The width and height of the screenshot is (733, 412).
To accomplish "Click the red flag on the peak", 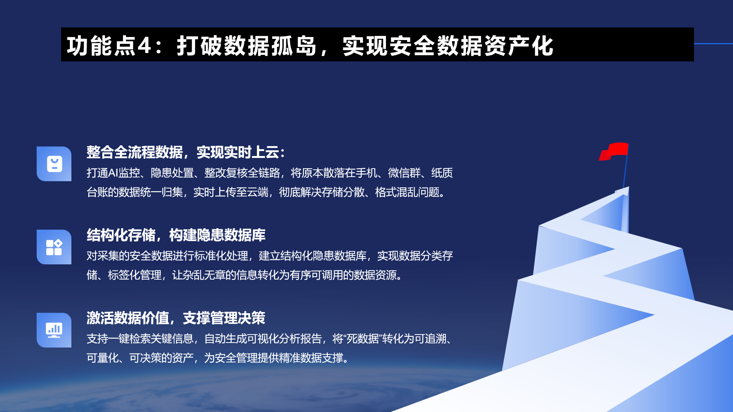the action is pos(614,151).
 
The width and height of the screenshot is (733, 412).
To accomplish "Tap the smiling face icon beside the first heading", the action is pos(54,164).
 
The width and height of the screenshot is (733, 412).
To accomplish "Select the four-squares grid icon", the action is pos(54,247).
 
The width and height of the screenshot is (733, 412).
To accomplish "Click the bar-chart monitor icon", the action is pos(54,330).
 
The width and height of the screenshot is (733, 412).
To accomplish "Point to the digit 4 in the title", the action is pos(144,46).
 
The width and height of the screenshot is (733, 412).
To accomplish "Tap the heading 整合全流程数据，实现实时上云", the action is pos(183,152).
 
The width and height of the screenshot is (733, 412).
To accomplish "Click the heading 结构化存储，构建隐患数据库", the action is pos(176,235).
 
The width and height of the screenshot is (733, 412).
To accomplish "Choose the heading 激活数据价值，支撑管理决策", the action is pos(176,318).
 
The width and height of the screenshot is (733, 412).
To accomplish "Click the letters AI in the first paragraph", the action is pos(113,173).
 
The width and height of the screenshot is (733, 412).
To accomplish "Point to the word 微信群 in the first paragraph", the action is pos(404,173).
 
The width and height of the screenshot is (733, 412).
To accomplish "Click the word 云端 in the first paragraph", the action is pos(258,192).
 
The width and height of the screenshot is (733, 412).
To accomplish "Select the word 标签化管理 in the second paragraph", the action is pos(135,275).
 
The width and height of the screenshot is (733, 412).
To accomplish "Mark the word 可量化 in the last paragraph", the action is pos(103,357).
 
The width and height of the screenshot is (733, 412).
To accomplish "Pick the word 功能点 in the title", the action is pos(101,46).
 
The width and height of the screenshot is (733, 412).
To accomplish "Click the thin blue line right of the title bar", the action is pos(714,44).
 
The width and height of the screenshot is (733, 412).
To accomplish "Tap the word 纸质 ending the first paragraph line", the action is pos(442,173).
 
